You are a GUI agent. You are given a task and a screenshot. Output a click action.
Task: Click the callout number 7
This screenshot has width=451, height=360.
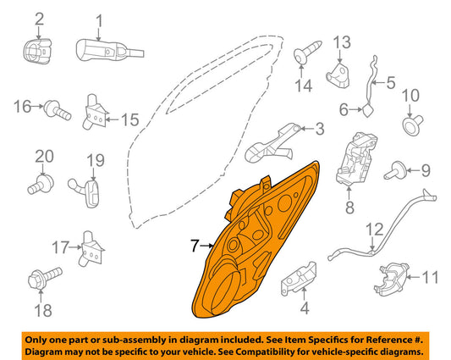pos(194,246)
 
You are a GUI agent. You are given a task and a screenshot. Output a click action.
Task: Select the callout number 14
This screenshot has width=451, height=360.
pos(303,84)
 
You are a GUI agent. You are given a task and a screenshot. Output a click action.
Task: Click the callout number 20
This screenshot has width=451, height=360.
pos(43,156)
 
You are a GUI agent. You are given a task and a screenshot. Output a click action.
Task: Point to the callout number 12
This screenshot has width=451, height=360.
pos(373,228)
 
